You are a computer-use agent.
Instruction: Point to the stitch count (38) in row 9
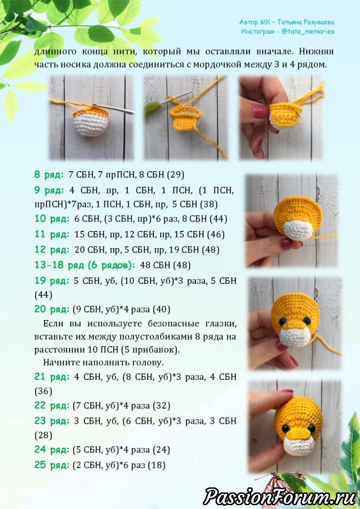coord(209,204)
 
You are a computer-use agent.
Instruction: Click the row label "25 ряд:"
coord(52,465)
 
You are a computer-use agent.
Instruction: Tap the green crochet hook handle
coord(152,108)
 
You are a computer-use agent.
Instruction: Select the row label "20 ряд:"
coord(52,309)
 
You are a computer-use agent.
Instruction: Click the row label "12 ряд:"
coord(52,249)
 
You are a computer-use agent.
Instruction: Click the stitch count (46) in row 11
coord(216,234)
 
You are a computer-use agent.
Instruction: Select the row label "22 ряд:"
coord(52,405)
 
